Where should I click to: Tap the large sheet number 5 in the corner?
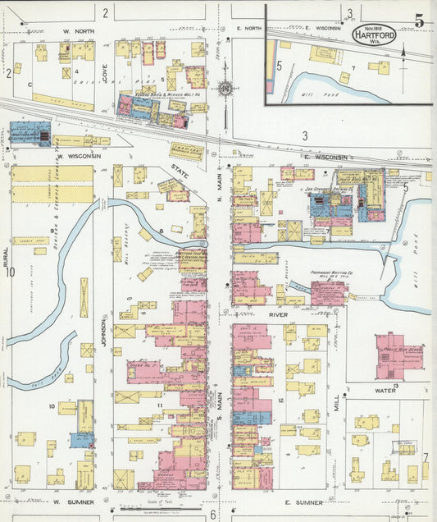point(418,21)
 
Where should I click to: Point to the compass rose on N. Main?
point(225,88)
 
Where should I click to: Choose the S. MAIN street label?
point(220,402)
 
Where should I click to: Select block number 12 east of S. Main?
point(280,400)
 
